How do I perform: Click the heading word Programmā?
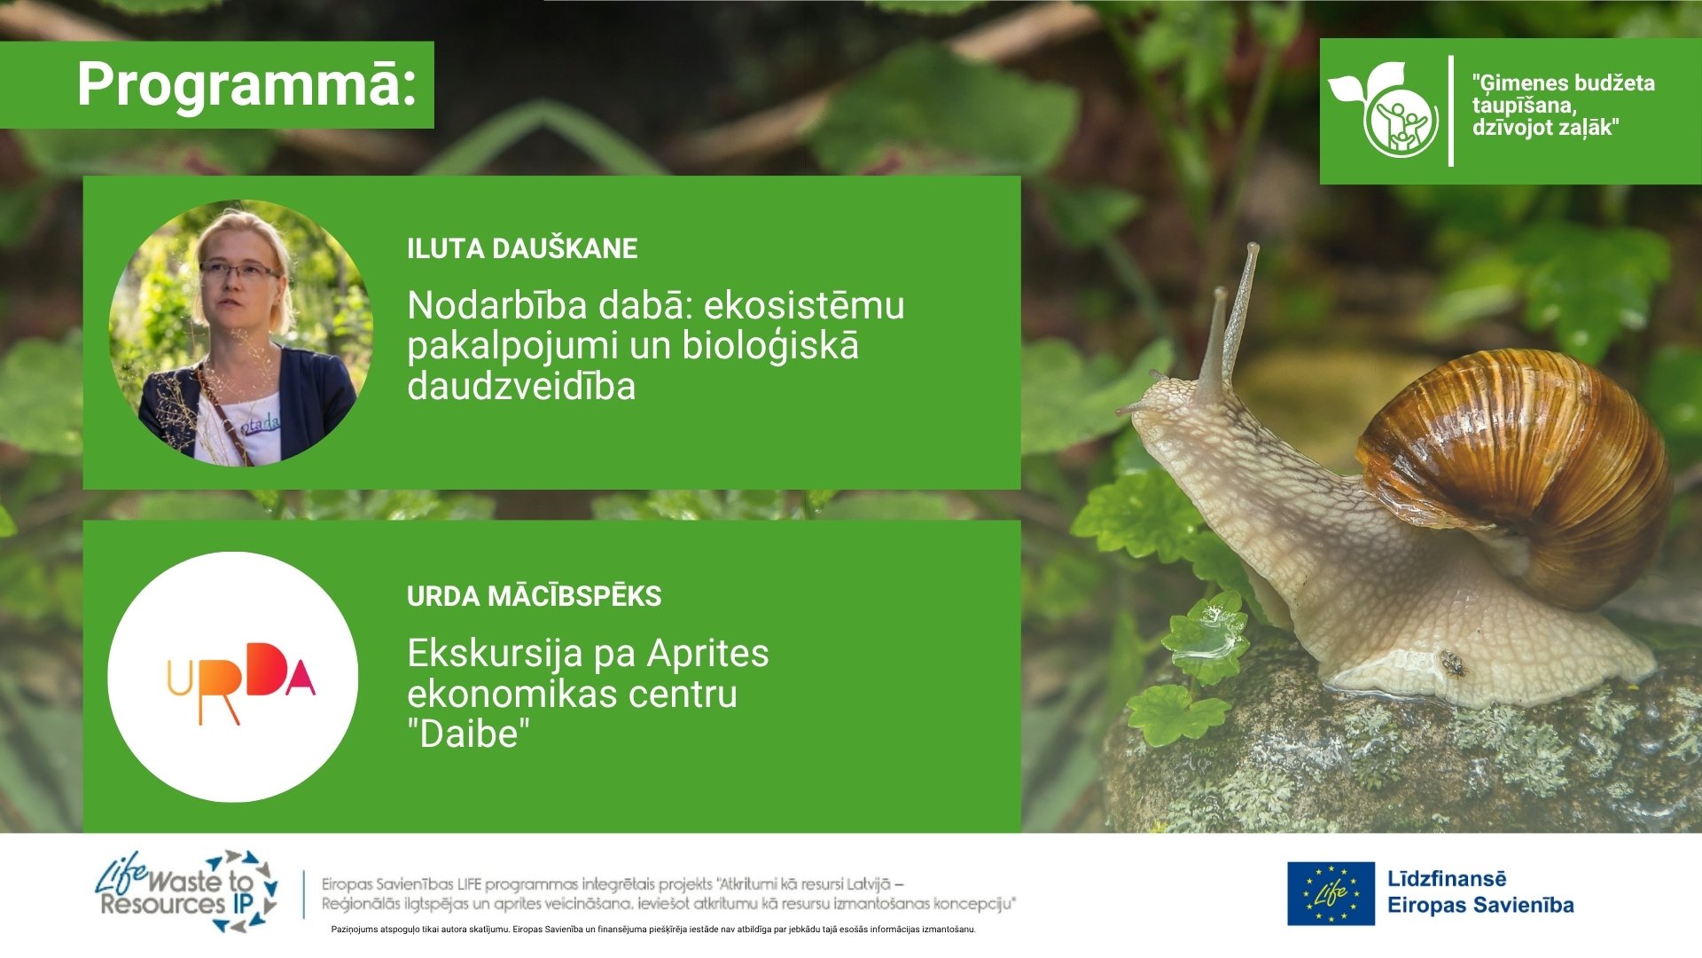point(246,86)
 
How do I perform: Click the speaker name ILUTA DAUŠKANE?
point(522,248)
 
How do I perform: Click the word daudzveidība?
point(521,387)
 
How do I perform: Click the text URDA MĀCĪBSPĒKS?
point(534,596)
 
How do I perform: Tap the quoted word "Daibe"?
point(469,734)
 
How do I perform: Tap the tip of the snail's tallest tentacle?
point(1253,246)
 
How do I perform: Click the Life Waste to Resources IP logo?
point(187,891)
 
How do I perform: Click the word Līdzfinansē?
point(1447,879)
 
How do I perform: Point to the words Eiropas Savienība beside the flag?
point(1480,906)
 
